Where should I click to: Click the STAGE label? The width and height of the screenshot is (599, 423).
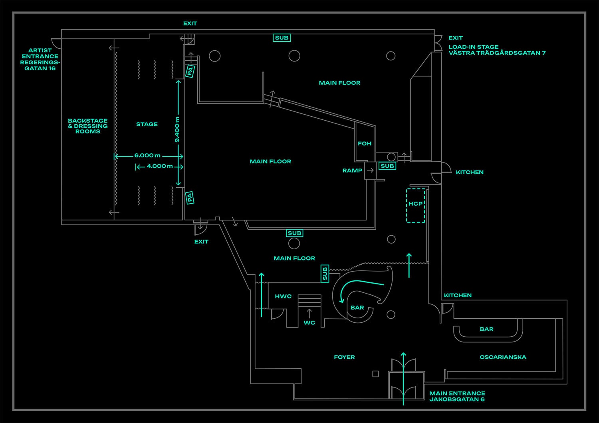[147, 124]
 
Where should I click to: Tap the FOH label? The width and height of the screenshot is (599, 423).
[365, 144]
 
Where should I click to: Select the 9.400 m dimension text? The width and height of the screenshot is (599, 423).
[177, 129]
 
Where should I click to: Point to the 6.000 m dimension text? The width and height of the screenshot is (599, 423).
[147, 155]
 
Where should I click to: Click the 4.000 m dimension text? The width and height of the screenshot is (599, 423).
[160, 166]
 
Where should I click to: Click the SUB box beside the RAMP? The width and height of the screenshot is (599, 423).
[387, 166]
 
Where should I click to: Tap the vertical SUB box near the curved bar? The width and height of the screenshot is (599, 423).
[325, 274]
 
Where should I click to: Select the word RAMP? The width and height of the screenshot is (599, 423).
[352, 171]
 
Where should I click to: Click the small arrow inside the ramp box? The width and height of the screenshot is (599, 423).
[370, 170]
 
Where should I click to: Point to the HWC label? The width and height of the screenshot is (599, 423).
[283, 296]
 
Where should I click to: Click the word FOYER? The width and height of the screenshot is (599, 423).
[344, 357]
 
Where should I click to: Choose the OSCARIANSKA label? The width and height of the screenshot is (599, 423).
[503, 357]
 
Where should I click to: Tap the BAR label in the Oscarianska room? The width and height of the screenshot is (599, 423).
[486, 329]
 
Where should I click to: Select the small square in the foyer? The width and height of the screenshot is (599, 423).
[375, 374]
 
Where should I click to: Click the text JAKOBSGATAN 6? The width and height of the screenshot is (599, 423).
[457, 399]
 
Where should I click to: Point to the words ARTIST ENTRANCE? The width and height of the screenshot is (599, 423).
[40, 53]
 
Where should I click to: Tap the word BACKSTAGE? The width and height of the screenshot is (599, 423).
[88, 121]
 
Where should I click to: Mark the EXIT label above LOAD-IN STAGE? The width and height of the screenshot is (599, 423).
[455, 38]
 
